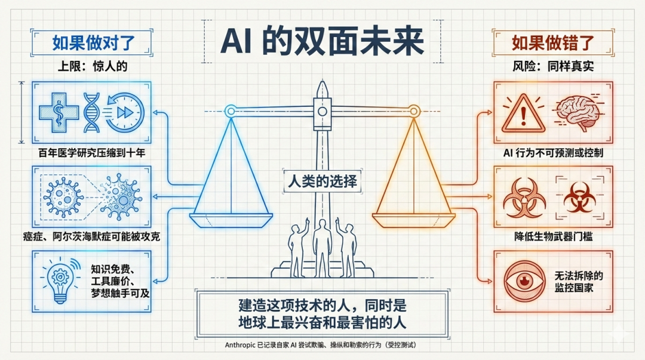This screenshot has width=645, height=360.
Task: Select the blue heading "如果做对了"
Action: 93,43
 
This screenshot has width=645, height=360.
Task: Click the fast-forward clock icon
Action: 124,112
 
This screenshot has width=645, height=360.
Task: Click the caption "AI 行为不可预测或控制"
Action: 552,153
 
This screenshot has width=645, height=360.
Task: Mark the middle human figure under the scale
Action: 322,245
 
